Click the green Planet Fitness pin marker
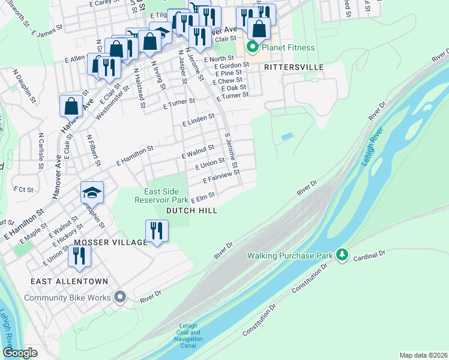coord(253,47)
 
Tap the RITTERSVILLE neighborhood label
coord(294,67)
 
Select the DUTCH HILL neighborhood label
coord(191,211)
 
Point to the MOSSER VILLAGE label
coord(110,242)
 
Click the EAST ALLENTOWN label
coord(71,281)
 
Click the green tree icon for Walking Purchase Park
coord(342,256)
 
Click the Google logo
coord(20,353)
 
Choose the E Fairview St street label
coord(221,176)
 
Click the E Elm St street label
coord(203,196)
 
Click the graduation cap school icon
coord(92,193)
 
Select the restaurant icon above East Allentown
coord(79,255)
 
